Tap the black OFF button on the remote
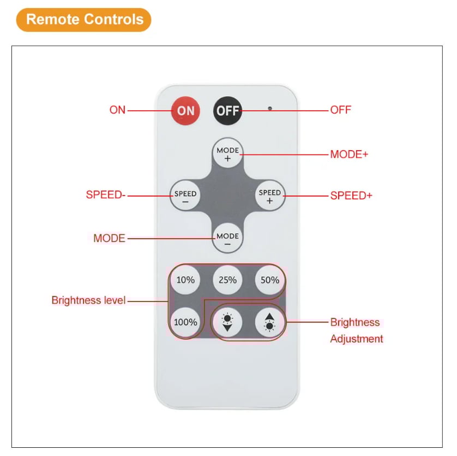pos(227,110)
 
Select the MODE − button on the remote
pos(227,238)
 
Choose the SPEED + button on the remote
pos(269,196)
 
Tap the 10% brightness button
pos(185,280)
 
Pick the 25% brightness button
pos(227,280)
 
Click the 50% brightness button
pos(269,280)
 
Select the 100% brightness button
pos(185,322)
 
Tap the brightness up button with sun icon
pos(269,322)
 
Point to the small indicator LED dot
pos(269,108)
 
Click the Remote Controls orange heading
pos(84,20)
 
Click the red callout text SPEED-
pos(106,195)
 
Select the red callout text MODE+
pos(349,155)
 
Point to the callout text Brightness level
pos(88,300)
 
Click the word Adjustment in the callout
pos(357,339)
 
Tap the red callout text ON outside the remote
pos(117,110)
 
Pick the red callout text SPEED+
pos(351,196)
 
